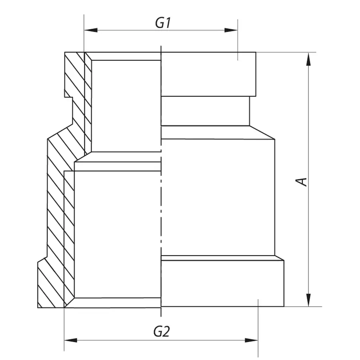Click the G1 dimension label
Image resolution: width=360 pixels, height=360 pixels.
(x=163, y=23)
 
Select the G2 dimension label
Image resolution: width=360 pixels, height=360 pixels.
(x=162, y=332)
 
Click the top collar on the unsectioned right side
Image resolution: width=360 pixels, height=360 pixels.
(x=208, y=74)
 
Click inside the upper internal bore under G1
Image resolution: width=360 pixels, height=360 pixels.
(x=126, y=106)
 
